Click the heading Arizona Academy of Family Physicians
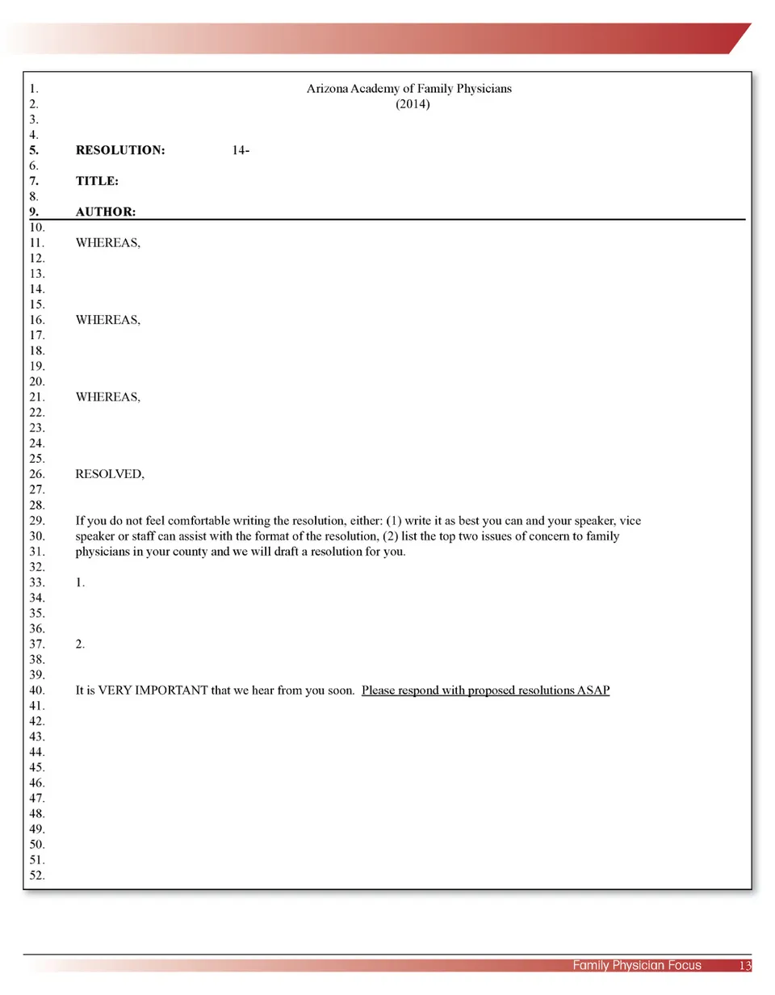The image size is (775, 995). point(408,88)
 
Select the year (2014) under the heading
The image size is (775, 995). point(408,104)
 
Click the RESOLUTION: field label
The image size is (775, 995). point(120,150)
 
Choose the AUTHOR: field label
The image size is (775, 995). point(104,212)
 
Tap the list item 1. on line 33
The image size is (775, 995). point(80,582)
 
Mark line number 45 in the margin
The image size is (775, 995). point(36,767)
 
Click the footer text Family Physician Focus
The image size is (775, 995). point(637,965)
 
